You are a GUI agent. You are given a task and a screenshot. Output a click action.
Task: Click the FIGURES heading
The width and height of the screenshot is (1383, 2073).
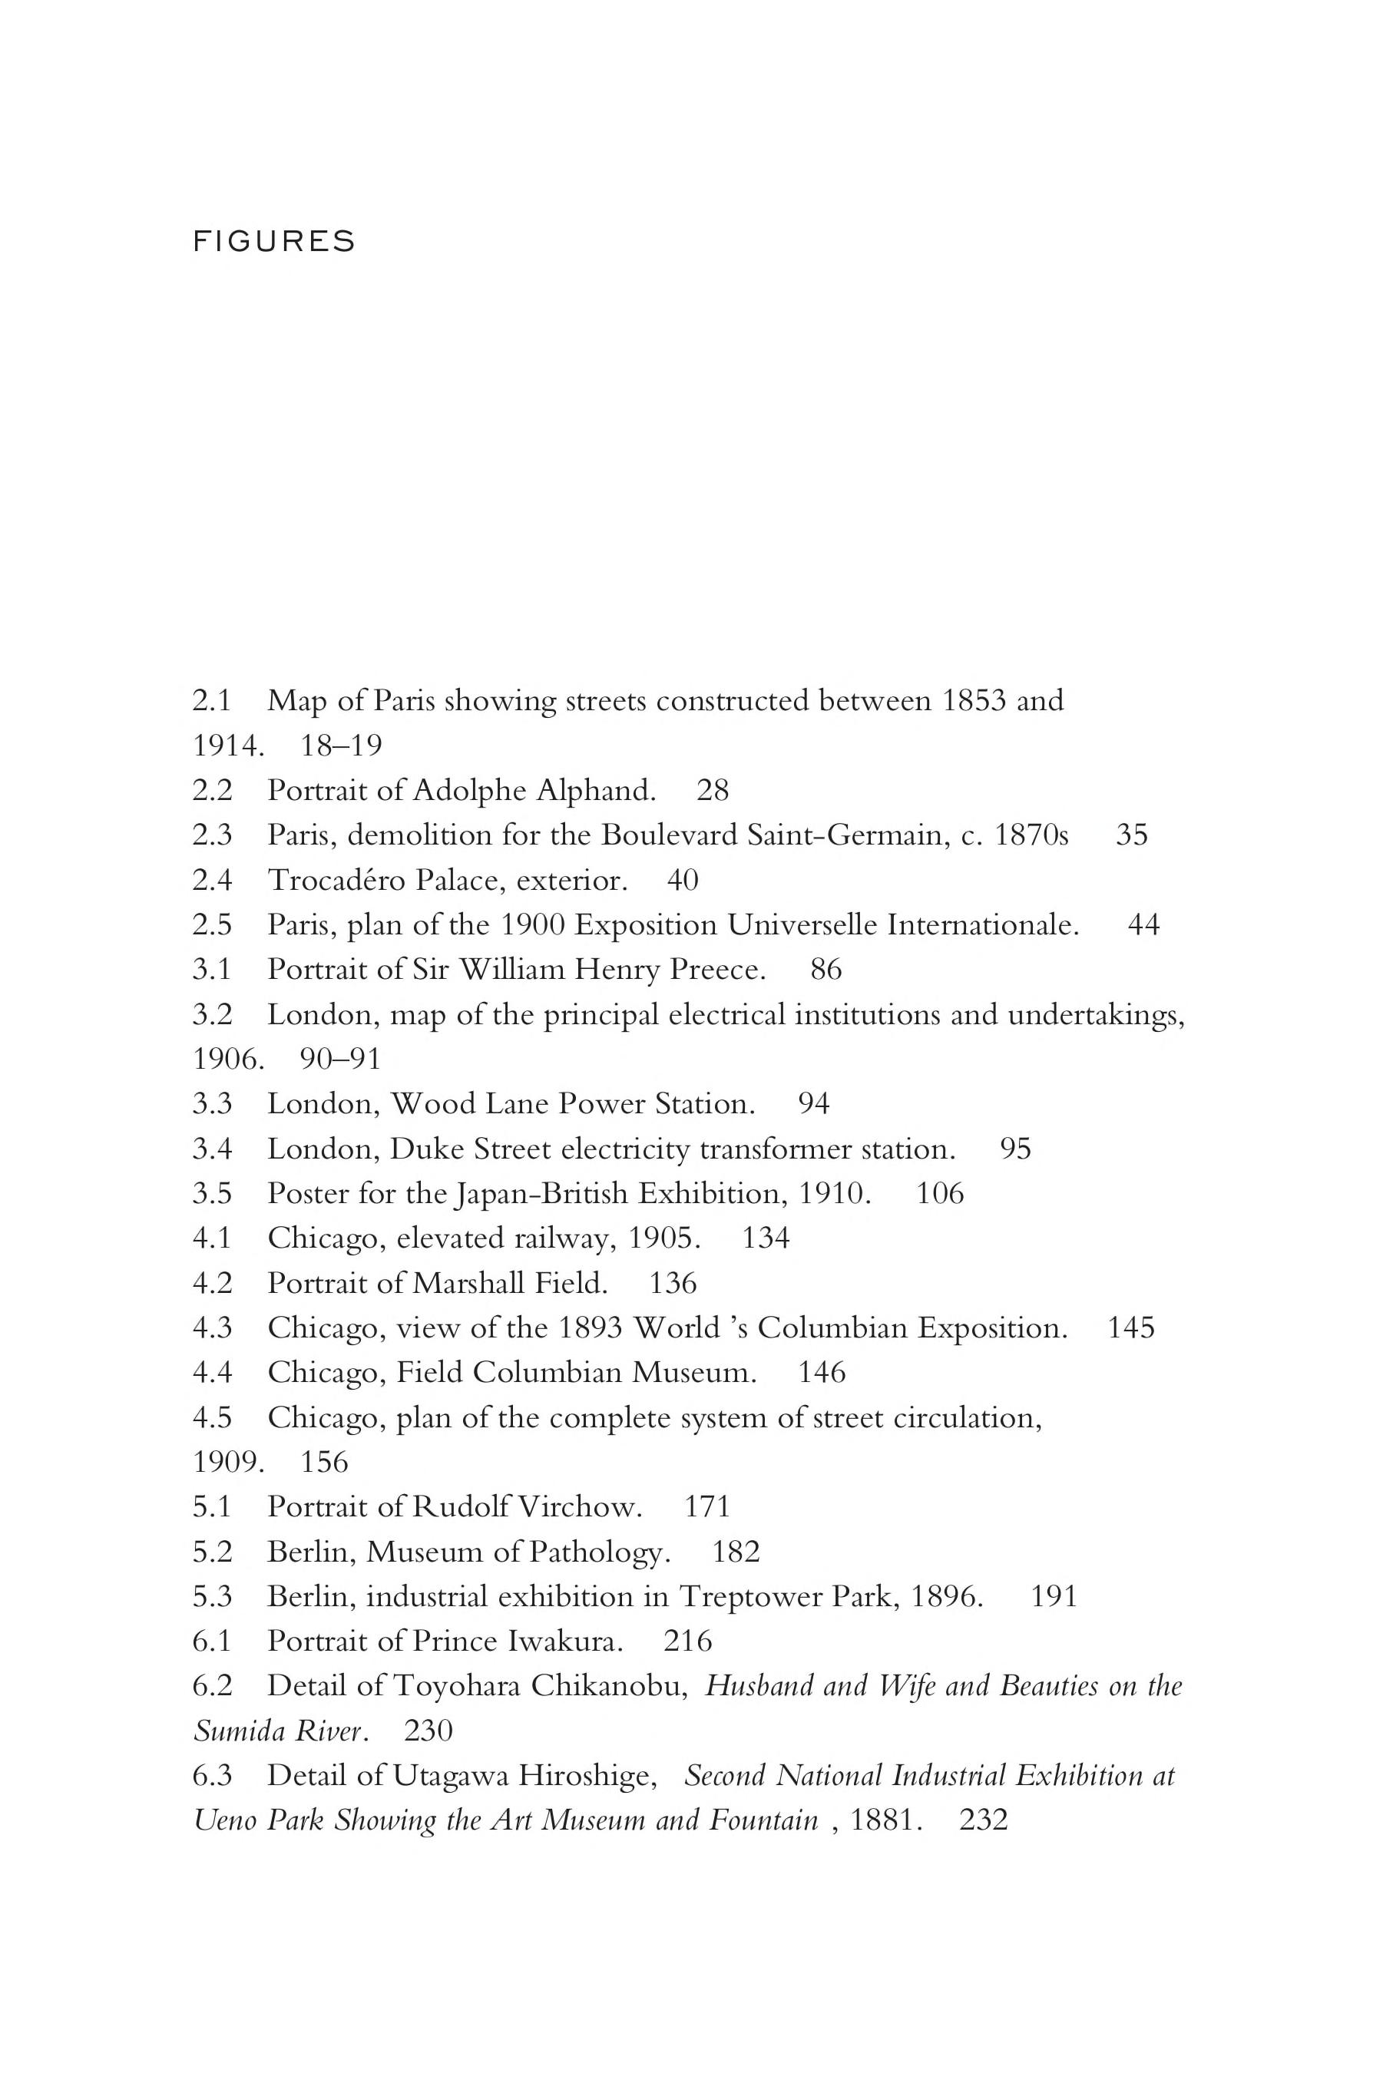click(x=273, y=242)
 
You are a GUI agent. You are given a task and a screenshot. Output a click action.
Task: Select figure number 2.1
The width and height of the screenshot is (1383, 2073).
click(x=212, y=701)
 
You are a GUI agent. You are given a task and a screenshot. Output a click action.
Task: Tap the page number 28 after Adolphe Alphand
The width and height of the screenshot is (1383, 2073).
click(x=713, y=790)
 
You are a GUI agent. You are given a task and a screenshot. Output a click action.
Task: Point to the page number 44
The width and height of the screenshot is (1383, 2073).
click(x=1144, y=925)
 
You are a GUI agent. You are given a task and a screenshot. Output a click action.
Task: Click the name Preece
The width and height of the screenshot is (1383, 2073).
click(x=717, y=970)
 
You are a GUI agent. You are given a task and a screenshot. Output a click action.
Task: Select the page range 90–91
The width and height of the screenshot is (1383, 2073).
click(x=340, y=1059)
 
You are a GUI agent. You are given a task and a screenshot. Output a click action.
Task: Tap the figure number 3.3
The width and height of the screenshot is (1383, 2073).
click(x=212, y=1104)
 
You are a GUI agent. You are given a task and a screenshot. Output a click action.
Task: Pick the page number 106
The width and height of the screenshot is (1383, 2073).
click(x=940, y=1194)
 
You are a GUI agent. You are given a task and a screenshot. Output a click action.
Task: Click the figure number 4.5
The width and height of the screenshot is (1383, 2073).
click(x=212, y=1418)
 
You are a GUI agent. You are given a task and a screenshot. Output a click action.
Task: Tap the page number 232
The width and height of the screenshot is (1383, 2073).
click(x=984, y=1821)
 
